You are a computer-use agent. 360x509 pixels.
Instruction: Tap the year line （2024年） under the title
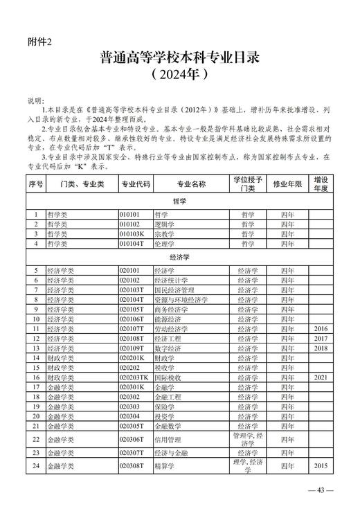179,74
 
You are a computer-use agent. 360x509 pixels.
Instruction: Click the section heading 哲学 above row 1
179,202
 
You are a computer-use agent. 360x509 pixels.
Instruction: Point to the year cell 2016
321,329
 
